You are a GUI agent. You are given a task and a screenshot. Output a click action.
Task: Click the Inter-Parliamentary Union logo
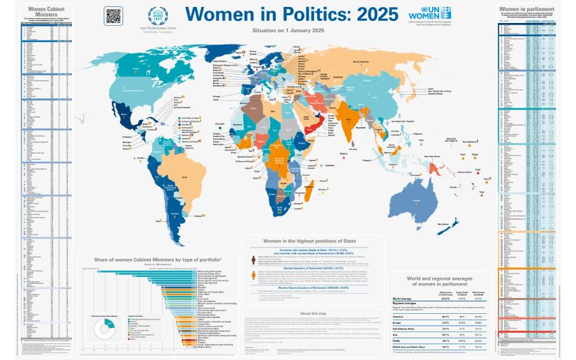coord(156,16)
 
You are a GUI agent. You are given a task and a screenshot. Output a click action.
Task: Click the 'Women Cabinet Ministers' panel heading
coord(37,11)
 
